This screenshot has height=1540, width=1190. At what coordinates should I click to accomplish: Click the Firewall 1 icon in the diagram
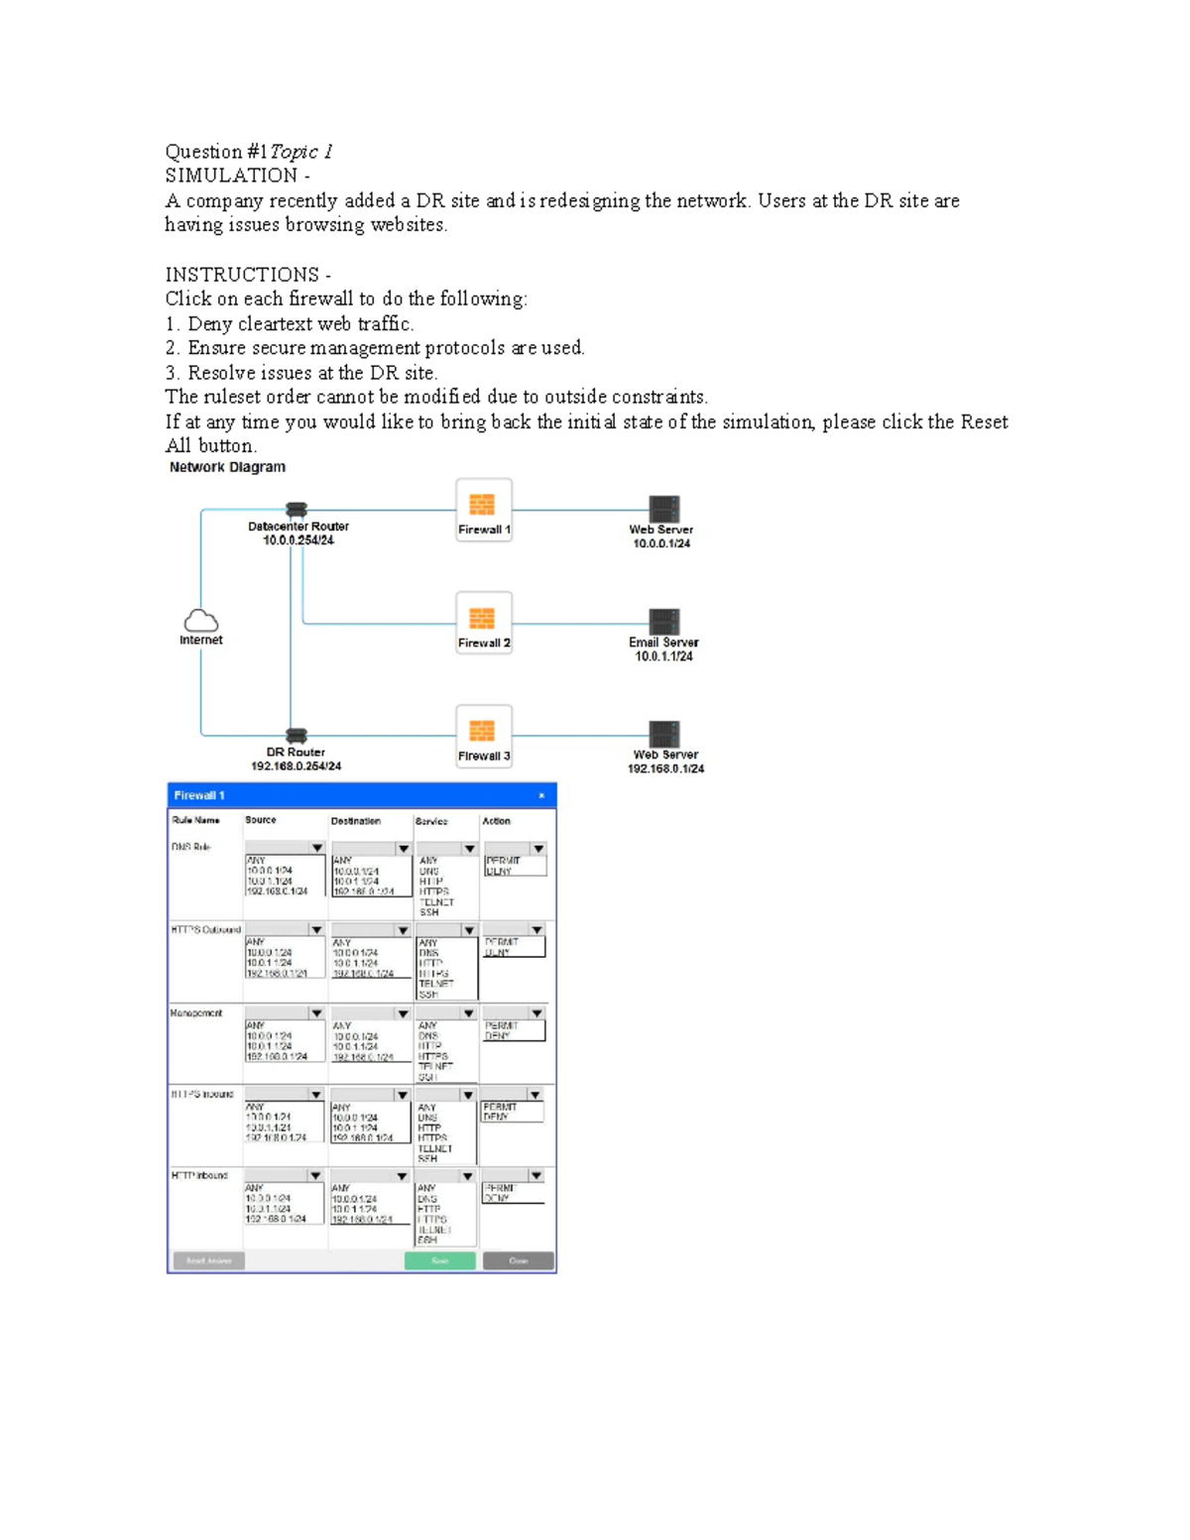click(x=483, y=505)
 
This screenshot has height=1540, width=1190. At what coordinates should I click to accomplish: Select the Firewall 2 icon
click(x=483, y=618)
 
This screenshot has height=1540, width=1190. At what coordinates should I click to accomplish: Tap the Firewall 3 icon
click(x=483, y=731)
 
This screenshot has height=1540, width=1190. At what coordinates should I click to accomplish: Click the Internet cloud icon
click(x=201, y=622)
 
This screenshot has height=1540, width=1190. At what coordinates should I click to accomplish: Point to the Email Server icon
click(x=664, y=622)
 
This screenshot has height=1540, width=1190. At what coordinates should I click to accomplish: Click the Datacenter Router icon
click(x=297, y=510)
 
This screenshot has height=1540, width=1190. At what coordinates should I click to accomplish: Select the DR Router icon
click(x=297, y=736)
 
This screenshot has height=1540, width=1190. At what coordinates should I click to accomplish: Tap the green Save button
click(x=439, y=1260)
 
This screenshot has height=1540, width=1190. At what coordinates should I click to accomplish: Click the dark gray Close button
click(x=518, y=1260)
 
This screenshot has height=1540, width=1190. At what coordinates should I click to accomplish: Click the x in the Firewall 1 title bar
click(x=541, y=795)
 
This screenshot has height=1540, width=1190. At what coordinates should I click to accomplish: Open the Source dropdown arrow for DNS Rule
click(x=316, y=849)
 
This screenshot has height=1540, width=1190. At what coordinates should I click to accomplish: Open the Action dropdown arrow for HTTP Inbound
click(x=535, y=1176)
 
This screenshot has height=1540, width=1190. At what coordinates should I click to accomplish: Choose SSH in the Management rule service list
click(x=427, y=1076)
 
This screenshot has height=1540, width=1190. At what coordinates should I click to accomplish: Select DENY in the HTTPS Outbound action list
click(x=497, y=952)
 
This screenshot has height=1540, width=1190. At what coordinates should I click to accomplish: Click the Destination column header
click(x=355, y=821)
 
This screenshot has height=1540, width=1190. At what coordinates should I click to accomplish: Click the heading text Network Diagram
click(x=227, y=467)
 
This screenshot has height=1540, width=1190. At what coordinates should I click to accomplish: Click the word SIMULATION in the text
click(x=231, y=176)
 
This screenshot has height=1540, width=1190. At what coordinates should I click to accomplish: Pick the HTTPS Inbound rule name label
click(x=202, y=1094)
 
